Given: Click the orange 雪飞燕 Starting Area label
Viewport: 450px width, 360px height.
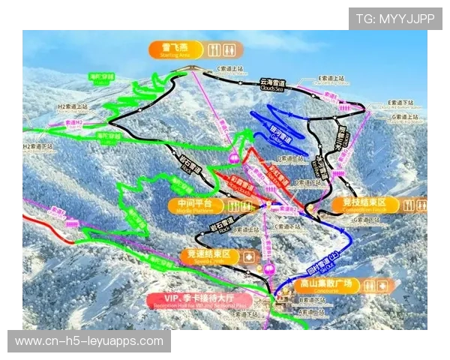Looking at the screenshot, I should coord(171,50).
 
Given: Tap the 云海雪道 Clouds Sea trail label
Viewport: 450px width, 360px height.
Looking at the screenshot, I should coord(274,83).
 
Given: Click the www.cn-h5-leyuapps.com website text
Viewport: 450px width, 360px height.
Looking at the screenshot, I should coord(89,341).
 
